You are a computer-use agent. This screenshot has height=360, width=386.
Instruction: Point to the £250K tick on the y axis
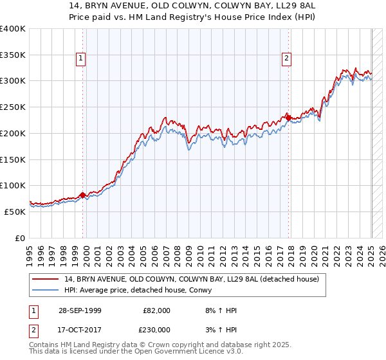click(x=13, y=107)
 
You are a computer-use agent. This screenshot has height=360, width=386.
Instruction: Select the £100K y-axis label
click(x=13, y=185)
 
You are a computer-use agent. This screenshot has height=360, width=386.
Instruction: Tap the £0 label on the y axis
click(x=20, y=238)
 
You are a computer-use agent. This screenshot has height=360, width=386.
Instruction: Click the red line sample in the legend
click(x=44, y=279)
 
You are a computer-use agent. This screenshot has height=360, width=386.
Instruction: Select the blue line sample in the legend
click(x=44, y=290)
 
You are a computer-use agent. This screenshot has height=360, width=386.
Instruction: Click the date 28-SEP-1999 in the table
click(x=78, y=310)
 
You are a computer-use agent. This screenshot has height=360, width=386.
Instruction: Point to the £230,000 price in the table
click(x=157, y=329)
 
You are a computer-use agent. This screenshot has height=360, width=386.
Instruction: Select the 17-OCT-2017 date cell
click(x=78, y=329)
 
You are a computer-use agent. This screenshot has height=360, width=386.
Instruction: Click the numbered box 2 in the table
click(x=33, y=329)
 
